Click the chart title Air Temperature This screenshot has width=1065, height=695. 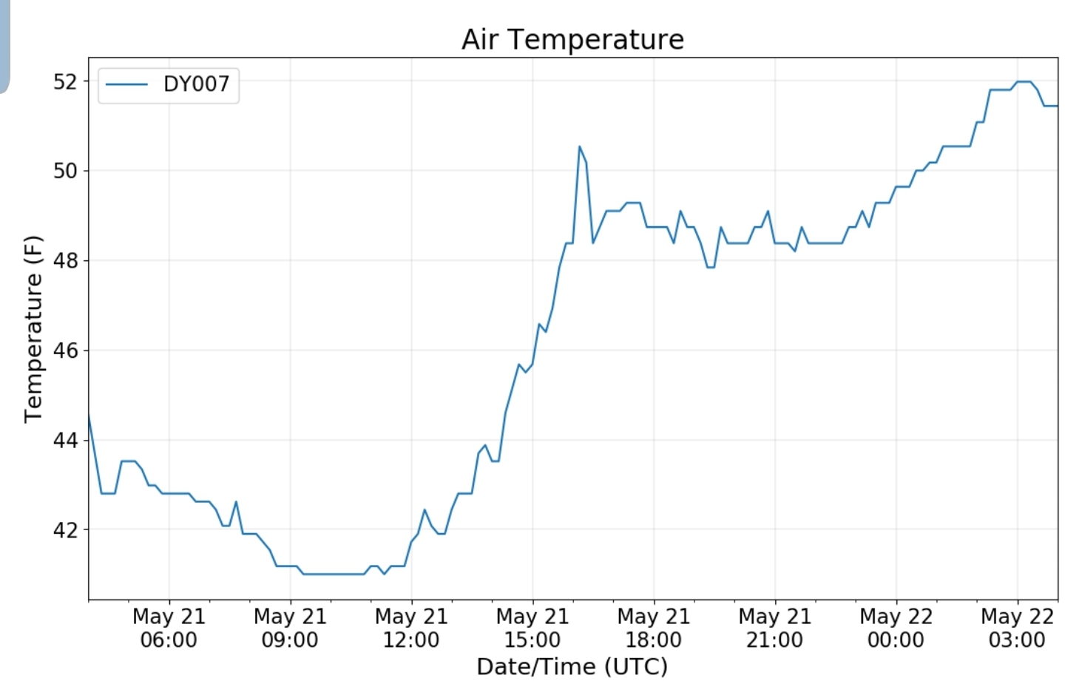(x=572, y=39)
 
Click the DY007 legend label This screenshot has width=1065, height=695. (x=196, y=84)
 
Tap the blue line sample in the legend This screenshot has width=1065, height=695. (x=126, y=84)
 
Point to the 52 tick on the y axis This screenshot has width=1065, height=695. (x=65, y=81)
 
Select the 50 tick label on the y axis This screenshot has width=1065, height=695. (x=65, y=171)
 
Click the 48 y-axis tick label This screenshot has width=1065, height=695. (x=65, y=261)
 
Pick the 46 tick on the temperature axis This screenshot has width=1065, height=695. (x=65, y=350)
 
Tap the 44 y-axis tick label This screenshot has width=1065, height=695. (x=65, y=441)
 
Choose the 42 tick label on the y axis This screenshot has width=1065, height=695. (x=65, y=530)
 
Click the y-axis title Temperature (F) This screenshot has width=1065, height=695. (x=33, y=329)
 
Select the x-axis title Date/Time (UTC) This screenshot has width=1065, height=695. (x=572, y=667)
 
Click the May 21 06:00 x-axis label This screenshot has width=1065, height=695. (x=169, y=628)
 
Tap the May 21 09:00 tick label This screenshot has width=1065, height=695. (x=290, y=628)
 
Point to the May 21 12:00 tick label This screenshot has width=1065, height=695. (x=411, y=628)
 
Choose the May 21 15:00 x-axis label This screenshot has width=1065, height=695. (x=532, y=628)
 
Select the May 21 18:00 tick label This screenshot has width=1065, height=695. (x=654, y=628)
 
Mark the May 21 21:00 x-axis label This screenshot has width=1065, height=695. (x=774, y=628)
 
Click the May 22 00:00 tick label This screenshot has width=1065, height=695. (x=896, y=628)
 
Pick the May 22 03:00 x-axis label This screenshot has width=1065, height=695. (x=1017, y=628)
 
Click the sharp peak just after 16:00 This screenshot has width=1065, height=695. (x=580, y=146)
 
